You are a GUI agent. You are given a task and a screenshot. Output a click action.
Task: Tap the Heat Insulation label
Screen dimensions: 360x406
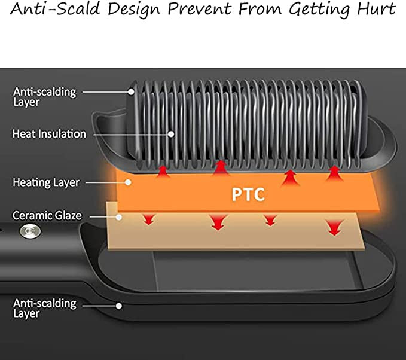coord(49,134)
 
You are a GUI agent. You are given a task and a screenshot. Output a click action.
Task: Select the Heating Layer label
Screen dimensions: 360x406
coord(45,182)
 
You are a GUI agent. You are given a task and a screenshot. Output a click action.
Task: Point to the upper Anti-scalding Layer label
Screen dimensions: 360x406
coord(45,97)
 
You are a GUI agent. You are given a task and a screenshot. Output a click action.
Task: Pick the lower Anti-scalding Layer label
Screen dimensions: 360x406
coord(45,308)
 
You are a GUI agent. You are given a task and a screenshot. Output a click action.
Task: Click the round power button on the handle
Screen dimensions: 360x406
coord(26,231)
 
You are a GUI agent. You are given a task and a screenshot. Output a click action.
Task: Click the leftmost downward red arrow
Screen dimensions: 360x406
coord(145,221)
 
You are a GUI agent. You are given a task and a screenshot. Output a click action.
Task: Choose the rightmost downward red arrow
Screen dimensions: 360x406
coord(333,227)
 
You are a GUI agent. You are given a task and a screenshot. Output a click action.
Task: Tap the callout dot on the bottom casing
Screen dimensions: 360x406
coord(120,306)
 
